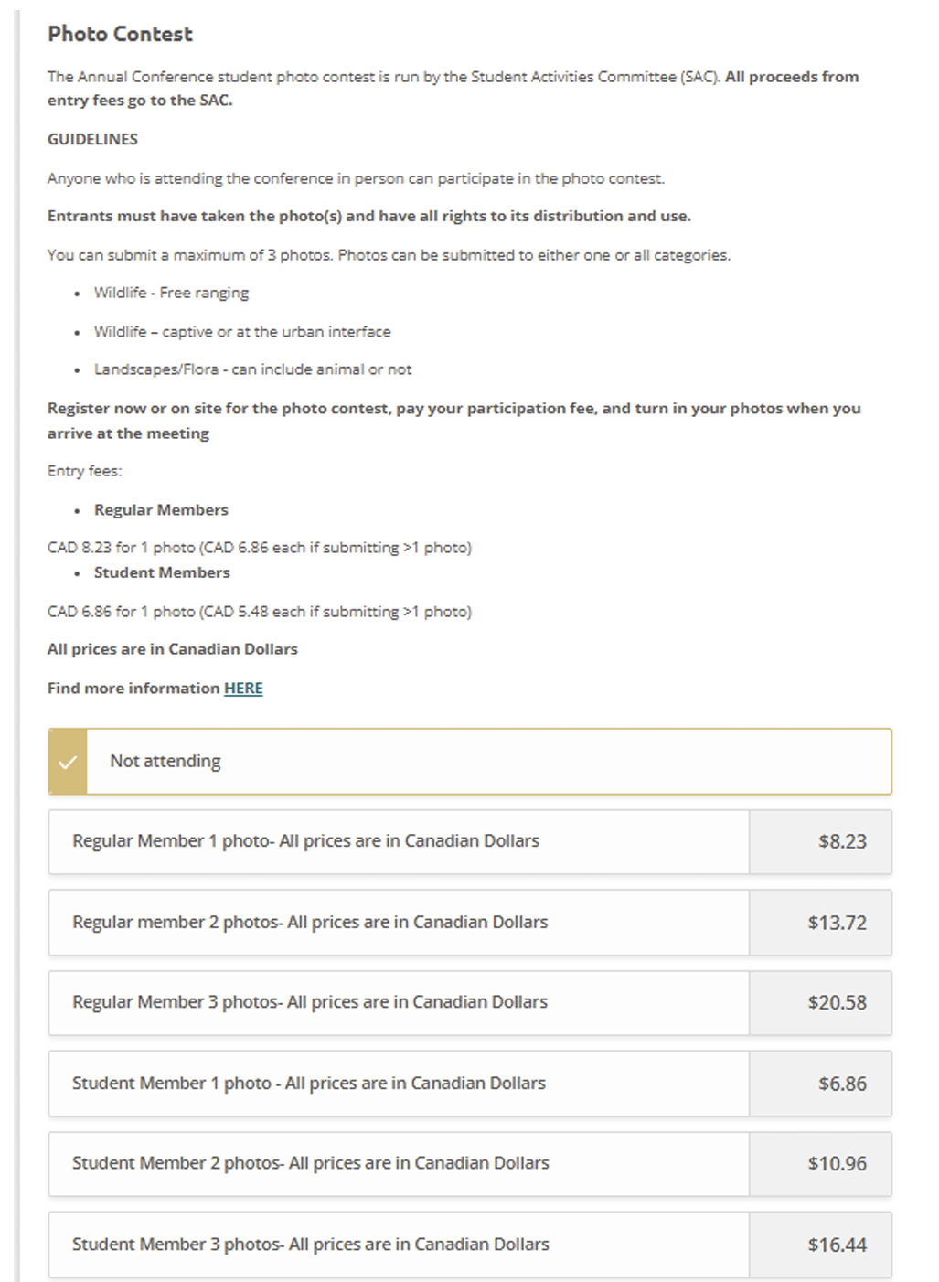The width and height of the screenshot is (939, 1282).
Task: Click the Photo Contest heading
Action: [x=120, y=34]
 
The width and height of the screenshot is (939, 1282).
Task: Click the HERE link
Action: [x=243, y=688]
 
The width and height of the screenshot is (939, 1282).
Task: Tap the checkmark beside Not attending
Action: [x=68, y=761]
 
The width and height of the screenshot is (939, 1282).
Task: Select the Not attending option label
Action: [x=165, y=761]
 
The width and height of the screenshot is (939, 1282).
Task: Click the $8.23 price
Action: [x=841, y=841]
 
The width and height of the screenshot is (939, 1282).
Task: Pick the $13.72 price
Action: [x=837, y=923]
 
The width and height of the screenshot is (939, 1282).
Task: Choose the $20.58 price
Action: [x=837, y=1002]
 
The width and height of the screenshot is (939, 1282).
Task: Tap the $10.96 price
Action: [x=837, y=1163]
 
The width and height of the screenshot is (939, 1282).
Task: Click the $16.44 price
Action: [x=837, y=1245]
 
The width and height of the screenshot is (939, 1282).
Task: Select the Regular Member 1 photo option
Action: [x=305, y=841]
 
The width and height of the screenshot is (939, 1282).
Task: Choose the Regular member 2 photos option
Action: [x=310, y=922]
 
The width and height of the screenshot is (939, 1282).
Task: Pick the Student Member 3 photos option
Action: [x=311, y=1244]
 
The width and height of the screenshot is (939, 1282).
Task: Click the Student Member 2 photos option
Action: [x=311, y=1163]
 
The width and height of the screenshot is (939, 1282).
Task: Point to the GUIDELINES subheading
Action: [x=92, y=139]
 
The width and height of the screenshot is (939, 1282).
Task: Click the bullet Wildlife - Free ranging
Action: [x=171, y=293]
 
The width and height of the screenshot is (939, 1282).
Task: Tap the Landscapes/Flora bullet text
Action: [x=252, y=369]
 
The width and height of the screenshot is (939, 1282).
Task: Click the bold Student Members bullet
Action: [x=162, y=572]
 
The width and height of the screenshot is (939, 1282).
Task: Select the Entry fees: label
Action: [x=84, y=471]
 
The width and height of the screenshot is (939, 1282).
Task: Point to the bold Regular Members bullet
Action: [x=161, y=510]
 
